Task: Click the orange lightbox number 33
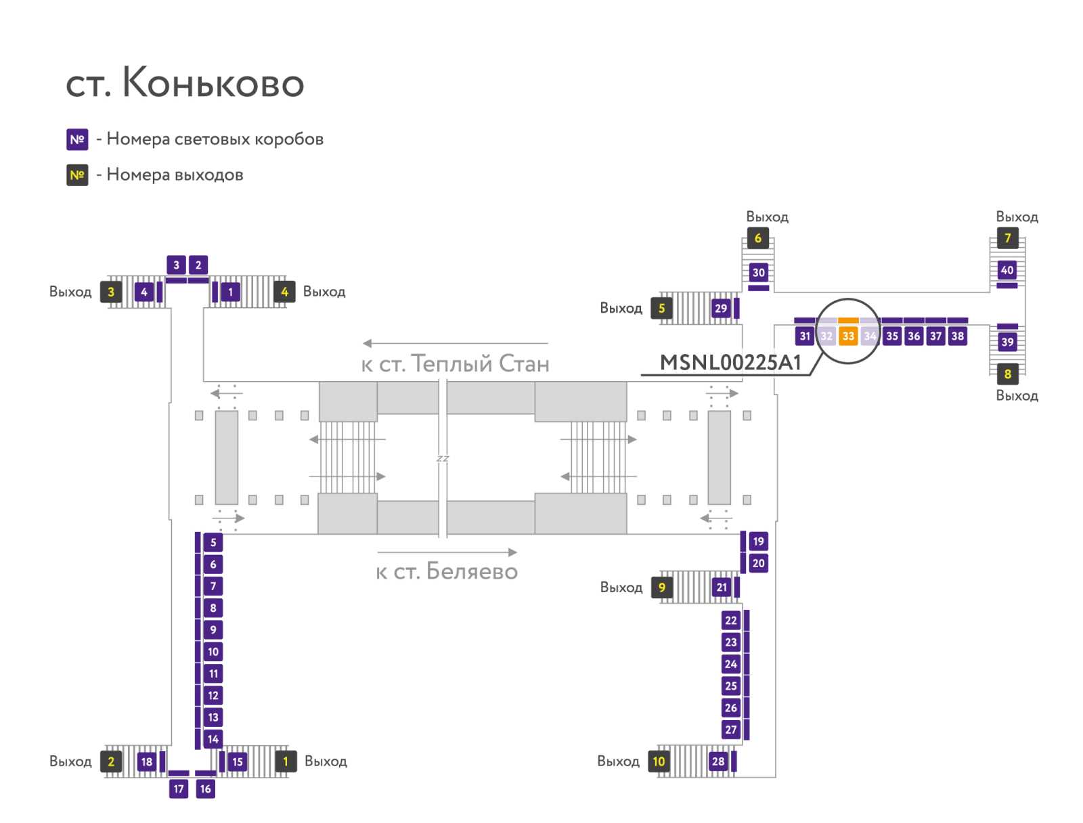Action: tap(848, 336)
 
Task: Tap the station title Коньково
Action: tap(185, 83)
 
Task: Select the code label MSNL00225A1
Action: tap(730, 363)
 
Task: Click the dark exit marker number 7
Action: tap(1007, 238)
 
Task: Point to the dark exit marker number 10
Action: tap(659, 761)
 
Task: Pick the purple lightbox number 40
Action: tap(1007, 270)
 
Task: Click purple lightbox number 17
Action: tap(179, 788)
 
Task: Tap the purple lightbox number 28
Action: tap(718, 761)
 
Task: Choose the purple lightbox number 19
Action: tap(758, 541)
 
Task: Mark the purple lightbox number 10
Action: tap(213, 652)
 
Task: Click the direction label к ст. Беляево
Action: tap(447, 572)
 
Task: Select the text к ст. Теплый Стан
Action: tap(455, 364)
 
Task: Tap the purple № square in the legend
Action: tap(77, 139)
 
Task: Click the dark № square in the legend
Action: tap(77, 175)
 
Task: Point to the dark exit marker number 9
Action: tap(662, 587)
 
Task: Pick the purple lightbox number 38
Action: tap(957, 336)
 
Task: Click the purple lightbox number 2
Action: tap(198, 265)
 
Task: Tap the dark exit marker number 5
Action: tap(662, 309)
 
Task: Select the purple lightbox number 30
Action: tap(758, 273)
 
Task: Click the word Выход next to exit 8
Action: tap(1017, 396)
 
